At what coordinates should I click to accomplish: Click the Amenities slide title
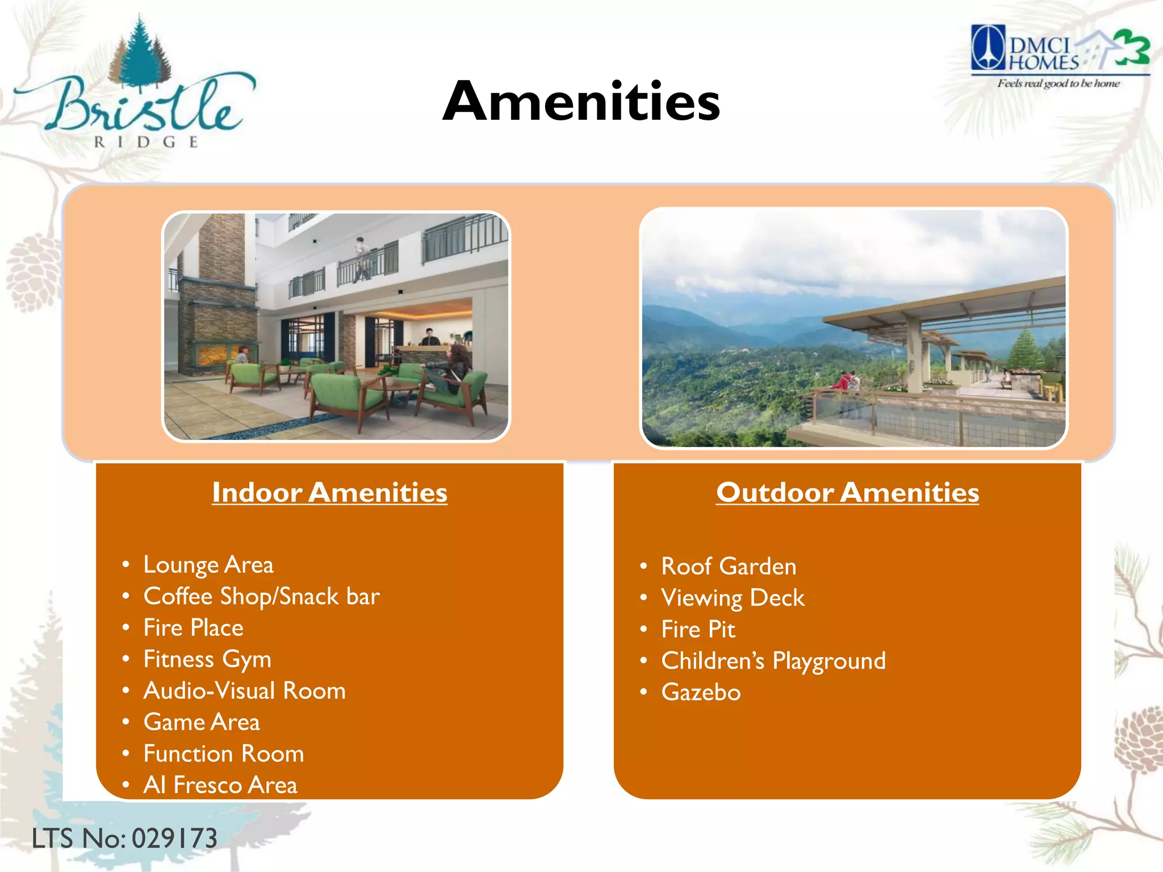coord(581,102)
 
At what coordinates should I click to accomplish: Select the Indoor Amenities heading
coord(329,492)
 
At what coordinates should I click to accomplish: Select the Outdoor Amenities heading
coord(847,492)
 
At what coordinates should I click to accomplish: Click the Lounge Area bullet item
coord(208,565)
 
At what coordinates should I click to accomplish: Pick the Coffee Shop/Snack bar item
coord(261,597)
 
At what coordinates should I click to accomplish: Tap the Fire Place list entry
coord(193,628)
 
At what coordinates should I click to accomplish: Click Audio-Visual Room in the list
coord(244,691)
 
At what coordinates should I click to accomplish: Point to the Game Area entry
coord(202,722)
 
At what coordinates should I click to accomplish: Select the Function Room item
coord(224,754)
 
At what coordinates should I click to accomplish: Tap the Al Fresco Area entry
coord(220,785)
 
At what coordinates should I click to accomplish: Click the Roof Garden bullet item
coord(729,567)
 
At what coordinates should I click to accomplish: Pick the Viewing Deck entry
coord(733,598)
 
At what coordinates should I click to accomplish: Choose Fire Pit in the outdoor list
coord(698,630)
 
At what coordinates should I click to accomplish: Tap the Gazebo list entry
coord(701,693)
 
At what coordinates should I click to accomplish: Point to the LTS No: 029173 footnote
coord(124,839)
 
